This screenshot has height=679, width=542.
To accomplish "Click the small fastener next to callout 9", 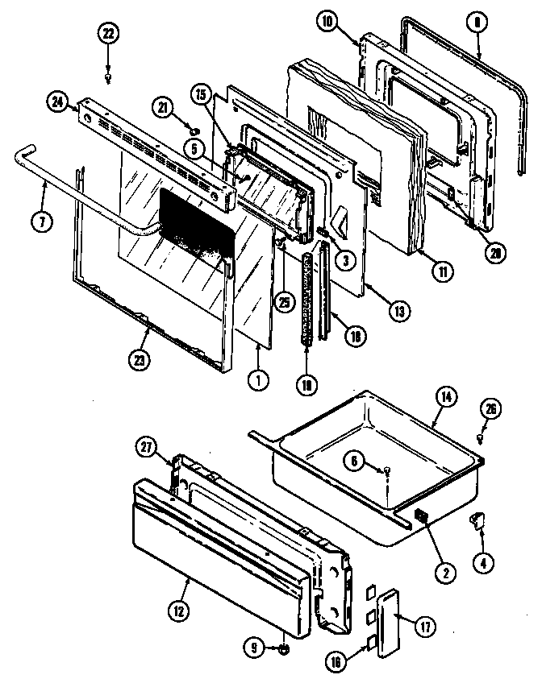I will [x=286, y=648].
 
